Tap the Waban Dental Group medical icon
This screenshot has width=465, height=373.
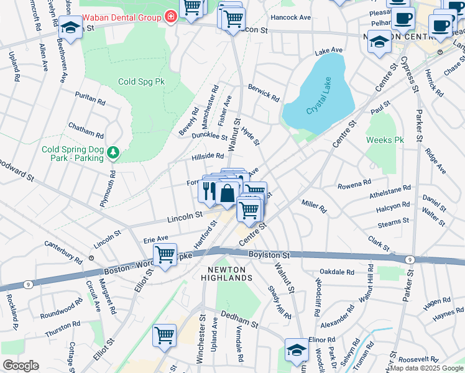170,16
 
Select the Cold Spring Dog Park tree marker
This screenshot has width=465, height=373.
113,152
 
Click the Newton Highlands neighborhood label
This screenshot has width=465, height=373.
226,273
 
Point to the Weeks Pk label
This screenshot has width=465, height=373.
385,140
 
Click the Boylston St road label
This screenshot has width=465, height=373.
270,255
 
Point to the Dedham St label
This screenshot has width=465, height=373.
241,320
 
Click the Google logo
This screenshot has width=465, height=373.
20,366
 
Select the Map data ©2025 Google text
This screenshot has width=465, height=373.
426,368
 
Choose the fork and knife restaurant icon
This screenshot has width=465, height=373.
209,191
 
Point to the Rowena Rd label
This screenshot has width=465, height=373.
354,185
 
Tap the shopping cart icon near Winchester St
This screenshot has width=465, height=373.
165,334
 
